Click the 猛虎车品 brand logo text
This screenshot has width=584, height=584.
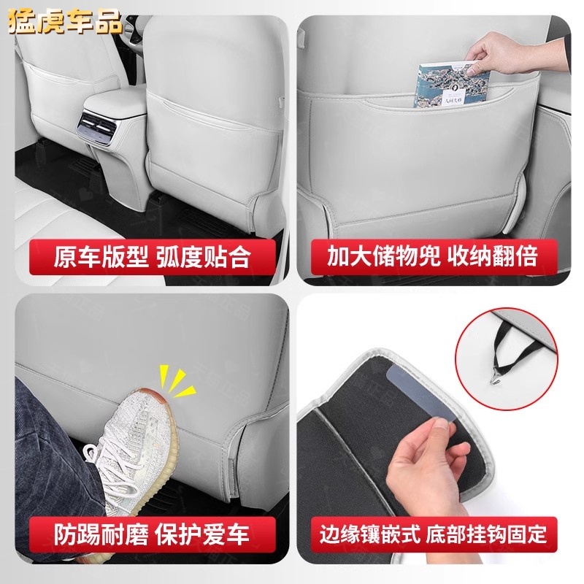tap(65, 23)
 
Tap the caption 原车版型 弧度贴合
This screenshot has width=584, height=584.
tap(151, 256)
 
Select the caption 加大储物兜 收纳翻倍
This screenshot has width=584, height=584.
tap(432, 256)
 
